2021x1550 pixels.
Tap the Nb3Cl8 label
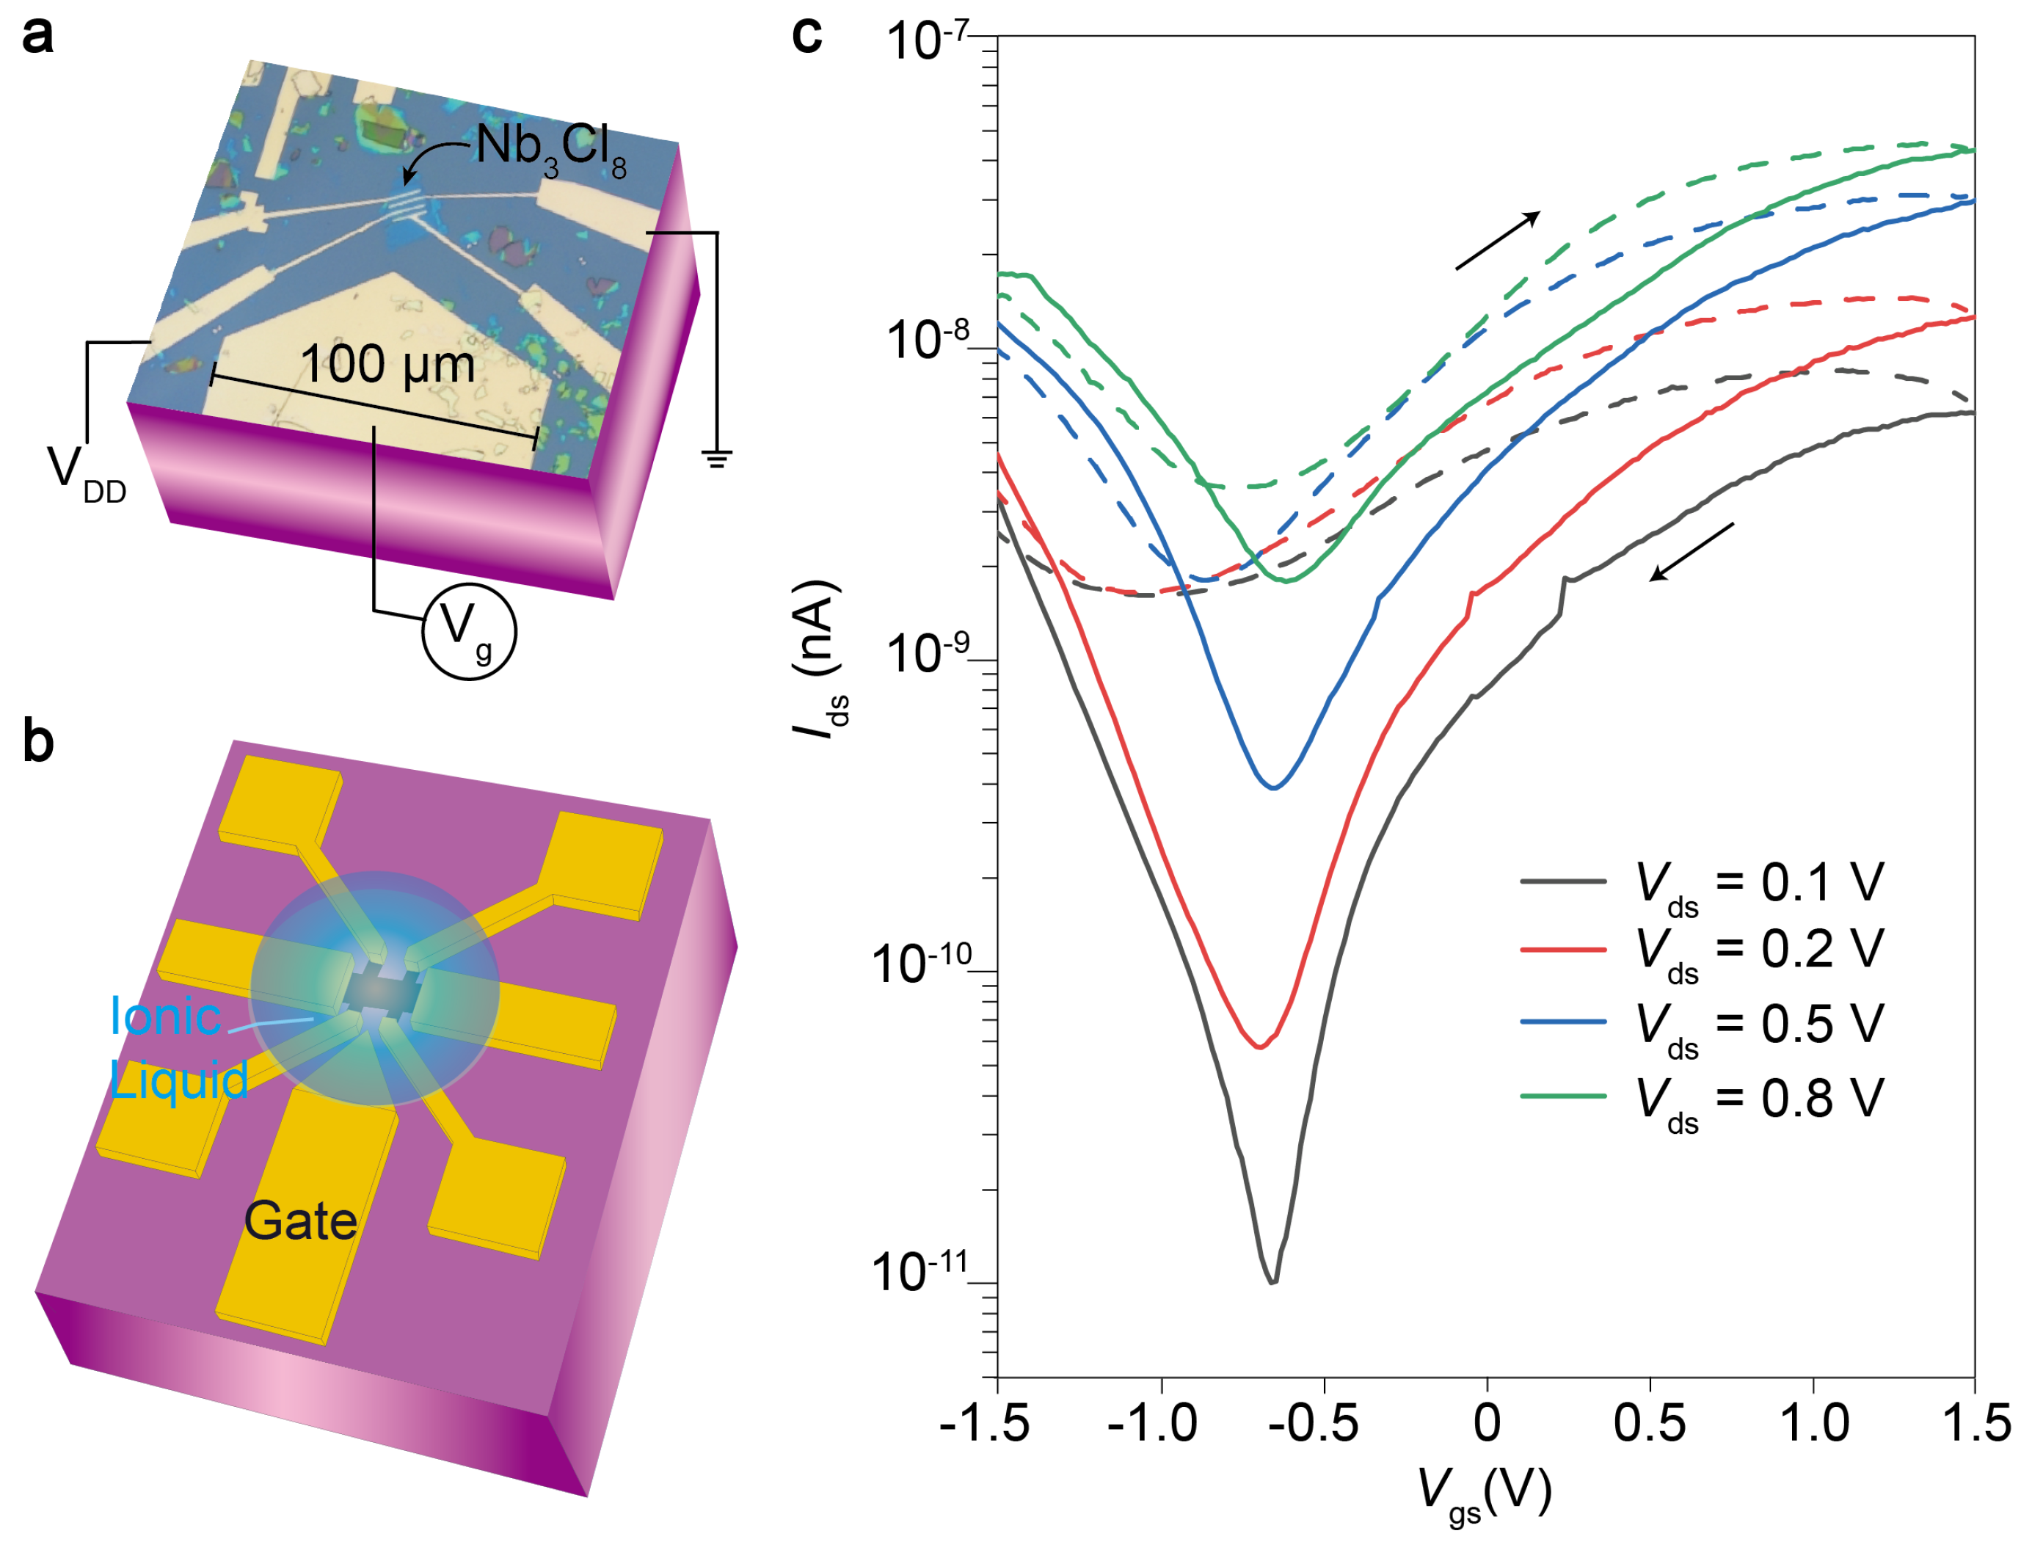click(x=550, y=148)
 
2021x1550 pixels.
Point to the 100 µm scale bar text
click(x=387, y=365)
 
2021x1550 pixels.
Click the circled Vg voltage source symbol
click(x=469, y=632)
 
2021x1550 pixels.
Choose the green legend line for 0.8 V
click(x=1562, y=1096)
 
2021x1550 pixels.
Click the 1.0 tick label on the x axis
click(x=1813, y=1424)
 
